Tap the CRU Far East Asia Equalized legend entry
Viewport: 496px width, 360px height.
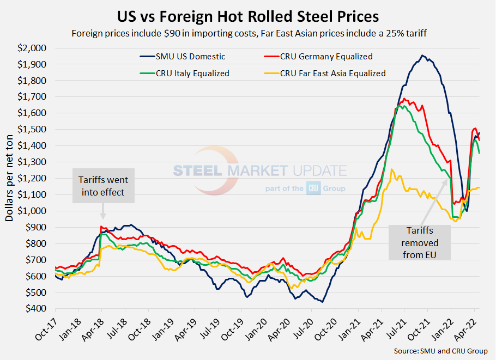click(332, 73)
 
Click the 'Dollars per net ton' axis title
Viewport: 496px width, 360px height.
click(10, 178)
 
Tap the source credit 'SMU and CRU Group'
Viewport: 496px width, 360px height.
click(440, 351)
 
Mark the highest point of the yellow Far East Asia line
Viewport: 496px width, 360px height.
click(391, 169)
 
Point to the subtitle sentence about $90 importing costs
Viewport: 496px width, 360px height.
click(248, 33)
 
